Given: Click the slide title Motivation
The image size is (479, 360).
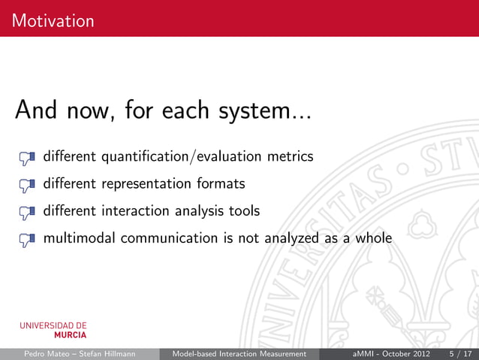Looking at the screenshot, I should click(x=53, y=20).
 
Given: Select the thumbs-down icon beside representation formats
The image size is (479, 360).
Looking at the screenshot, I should click(x=27, y=185).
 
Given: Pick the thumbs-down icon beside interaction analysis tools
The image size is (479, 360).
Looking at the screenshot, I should click(x=27, y=212).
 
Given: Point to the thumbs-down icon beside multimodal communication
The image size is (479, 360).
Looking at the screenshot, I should click(x=27, y=239).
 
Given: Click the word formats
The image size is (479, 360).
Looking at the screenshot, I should click(x=221, y=184).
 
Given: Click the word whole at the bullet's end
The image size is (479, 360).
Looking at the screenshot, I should click(x=372, y=238).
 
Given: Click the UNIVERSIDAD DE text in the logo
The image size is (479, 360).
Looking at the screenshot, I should click(x=53, y=325).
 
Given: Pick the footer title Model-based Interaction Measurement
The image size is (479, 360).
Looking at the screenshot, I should click(x=239, y=353).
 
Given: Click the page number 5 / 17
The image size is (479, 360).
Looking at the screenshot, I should click(x=460, y=353).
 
